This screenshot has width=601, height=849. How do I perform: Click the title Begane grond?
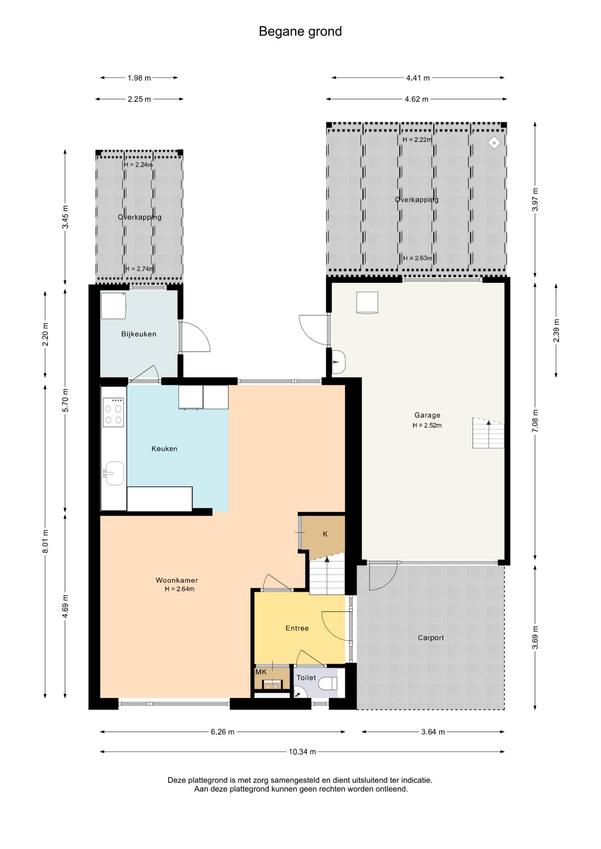click(300, 31)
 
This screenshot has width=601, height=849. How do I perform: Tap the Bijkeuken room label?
click(139, 334)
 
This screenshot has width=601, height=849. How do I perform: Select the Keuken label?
click(164, 449)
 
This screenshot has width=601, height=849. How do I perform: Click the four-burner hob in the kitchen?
click(113, 412)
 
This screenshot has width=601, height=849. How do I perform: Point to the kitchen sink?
click(114, 473)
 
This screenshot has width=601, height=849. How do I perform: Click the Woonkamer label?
click(177, 580)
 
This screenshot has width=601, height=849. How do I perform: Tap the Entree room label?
click(297, 628)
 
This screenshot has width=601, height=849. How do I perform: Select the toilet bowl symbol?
click(328, 684)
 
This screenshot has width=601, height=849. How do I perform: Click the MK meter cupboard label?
click(261, 672)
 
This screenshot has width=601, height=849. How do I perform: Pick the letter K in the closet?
click(325, 534)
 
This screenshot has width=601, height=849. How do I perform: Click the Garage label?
click(428, 415)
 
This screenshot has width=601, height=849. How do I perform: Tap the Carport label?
click(431, 638)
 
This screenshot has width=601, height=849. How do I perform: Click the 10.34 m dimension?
click(302, 752)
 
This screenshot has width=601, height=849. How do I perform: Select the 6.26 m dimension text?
click(222, 732)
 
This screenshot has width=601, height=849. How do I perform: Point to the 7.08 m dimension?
click(535, 421)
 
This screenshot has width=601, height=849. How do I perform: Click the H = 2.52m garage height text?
click(427, 425)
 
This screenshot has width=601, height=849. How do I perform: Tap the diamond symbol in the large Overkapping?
click(494, 143)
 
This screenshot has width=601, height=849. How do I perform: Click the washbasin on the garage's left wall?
click(338, 362)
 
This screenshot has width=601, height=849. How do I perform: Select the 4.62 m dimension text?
click(416, 99)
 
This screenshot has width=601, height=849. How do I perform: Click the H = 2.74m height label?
click(139, 269)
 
